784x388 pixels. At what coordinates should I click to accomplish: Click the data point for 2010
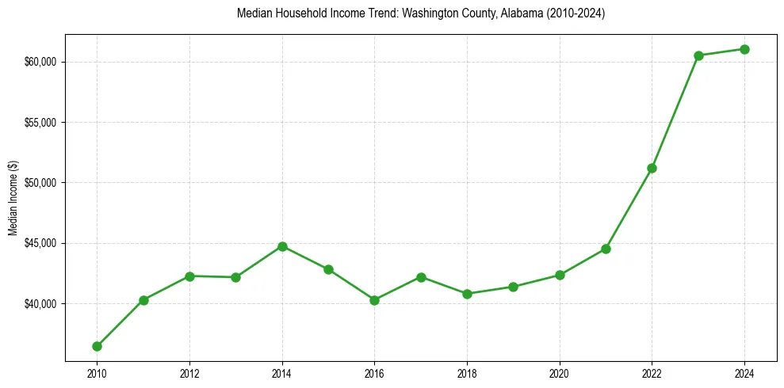point(97,346)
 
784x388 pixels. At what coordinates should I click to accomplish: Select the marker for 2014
point(282,246)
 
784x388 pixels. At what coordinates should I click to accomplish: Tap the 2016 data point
point(374,300)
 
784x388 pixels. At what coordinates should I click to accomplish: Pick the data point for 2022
point(652,168)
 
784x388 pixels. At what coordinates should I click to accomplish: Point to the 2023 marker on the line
point(698,55)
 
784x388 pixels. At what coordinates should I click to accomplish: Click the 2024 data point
point(744,49)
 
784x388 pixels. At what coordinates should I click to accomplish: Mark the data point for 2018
point(467,294)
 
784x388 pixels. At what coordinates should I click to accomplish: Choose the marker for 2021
point(606,249)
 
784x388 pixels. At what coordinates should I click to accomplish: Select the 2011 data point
point(143,300)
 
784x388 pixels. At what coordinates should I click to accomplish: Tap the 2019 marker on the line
point(513,287)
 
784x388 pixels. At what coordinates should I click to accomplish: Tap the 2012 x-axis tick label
point(189,373)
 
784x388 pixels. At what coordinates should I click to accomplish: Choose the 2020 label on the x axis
point(560,373)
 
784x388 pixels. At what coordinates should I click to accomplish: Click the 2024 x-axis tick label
point(744,373)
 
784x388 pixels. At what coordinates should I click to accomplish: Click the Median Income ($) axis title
point(13,198)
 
